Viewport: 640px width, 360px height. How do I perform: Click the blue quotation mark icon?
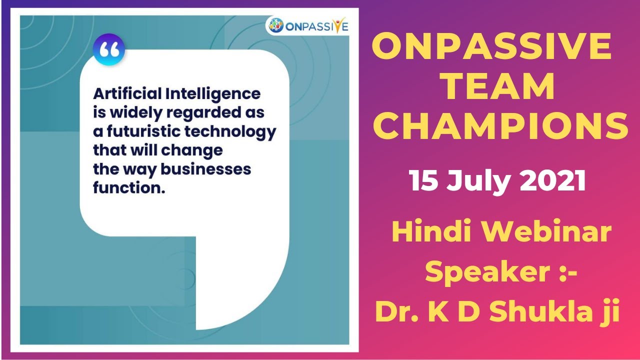pos(109,50)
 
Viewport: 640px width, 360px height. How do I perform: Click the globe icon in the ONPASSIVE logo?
pos(275,25)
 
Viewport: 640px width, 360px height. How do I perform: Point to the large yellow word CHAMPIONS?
pos(500,126)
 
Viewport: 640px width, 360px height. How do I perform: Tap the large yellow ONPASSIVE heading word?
pos(491,47)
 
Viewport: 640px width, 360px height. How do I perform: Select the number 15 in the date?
pos(423,181)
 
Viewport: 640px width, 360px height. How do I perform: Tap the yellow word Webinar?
pos(546,233)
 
